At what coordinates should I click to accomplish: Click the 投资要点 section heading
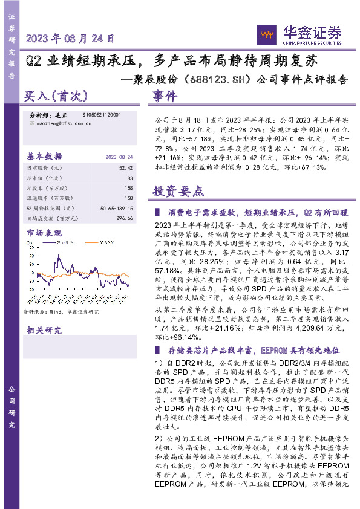(x=178, y=192)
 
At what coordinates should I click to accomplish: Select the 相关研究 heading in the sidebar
(x=44, y=330)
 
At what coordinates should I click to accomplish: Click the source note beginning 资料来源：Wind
(x=61, y=312)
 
